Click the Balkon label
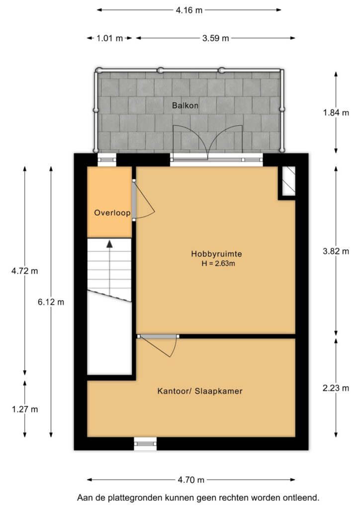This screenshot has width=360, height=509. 185,105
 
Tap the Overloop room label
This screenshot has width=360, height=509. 112,213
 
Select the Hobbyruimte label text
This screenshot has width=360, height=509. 216,254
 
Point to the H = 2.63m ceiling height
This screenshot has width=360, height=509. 216,263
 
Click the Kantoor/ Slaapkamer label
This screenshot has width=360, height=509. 200,391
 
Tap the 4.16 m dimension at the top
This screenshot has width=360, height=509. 189,9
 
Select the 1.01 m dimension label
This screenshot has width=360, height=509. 110,38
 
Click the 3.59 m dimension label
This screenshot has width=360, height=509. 215,38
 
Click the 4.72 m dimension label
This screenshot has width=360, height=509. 25,271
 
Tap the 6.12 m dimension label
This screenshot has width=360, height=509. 51,302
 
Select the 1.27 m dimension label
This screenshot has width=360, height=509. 25,409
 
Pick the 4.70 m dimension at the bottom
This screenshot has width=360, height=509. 191,480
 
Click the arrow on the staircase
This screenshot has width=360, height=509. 109,244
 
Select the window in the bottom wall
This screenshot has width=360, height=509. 145,444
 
